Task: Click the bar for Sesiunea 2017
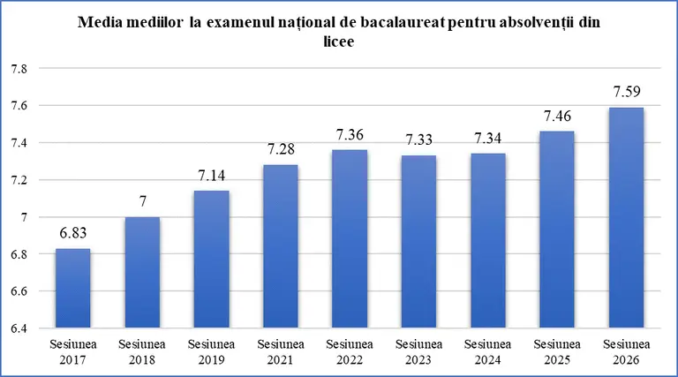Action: (73, 289)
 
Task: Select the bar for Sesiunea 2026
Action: (626, 218)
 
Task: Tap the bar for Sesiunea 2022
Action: (350, 239)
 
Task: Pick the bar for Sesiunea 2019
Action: (212, 260)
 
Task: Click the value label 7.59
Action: (627, 92)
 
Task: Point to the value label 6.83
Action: (73, 232)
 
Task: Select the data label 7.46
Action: (557, 116)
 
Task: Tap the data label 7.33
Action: (419, 139)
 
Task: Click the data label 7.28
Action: (281, 149)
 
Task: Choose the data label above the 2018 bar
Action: (143, 201)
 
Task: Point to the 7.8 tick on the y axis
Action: (19, 69)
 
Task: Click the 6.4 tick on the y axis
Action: (19, 328)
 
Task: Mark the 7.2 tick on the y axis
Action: (19, 180)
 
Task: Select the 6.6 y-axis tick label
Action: (19, 291)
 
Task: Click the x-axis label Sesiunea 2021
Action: (281, 352)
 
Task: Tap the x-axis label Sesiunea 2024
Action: (487, 352)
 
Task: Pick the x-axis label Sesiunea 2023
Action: (419, 352)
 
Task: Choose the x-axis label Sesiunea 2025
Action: (557, 352)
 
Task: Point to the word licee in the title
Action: (339, 41)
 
